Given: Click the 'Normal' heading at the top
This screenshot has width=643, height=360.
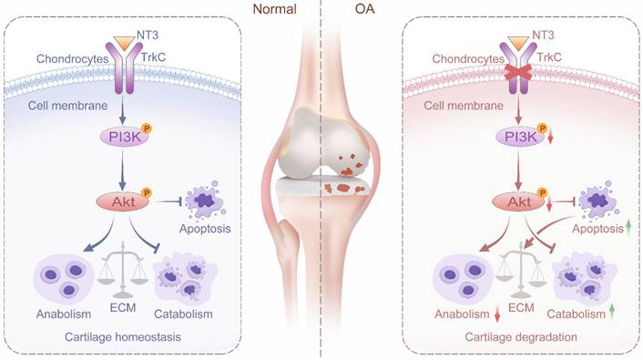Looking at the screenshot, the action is [x=274, y=8].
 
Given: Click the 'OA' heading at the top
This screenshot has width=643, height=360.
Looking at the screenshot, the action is [x=364, y=8].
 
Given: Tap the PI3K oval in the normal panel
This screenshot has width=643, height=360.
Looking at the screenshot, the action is [x=125, y=137].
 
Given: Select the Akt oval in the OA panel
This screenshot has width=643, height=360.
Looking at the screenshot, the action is [x=519, y=201].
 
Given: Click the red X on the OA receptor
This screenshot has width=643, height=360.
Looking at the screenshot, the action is [x=518, y=73].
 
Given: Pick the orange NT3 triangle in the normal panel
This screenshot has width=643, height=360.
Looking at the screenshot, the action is [x=124, y=42].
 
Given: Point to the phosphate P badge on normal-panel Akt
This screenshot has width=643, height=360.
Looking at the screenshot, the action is [x=146, y=192].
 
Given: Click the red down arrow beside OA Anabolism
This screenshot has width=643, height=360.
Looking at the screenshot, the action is [x=497, y=314].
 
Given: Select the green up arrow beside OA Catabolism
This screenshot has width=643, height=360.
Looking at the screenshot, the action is [x=612, y=312].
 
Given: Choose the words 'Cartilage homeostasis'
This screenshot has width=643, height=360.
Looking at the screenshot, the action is [x=123, y=337].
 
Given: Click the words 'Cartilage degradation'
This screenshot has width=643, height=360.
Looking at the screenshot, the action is [x=521, y=337].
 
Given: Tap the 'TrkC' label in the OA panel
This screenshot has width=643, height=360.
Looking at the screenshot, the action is [x=548, y=57].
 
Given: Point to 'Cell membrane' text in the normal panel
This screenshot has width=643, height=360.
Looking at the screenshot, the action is [x=67, y=106].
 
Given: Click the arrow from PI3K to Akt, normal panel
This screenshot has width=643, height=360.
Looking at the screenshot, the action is [x=123, y=169].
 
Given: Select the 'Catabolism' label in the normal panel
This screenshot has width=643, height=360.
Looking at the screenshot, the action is [x=183, y=314].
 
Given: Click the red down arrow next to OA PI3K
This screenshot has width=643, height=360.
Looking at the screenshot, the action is [x=550, y=136].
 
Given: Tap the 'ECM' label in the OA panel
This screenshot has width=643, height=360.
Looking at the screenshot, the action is [x=521, y=307].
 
